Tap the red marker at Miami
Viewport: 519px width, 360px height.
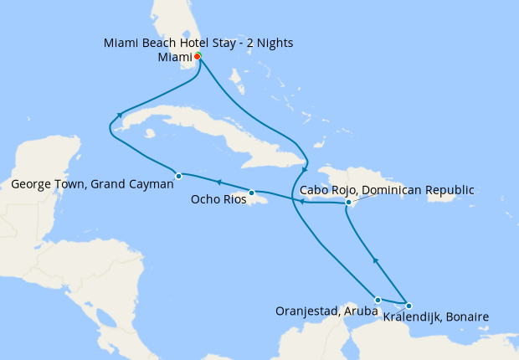click(197, 57)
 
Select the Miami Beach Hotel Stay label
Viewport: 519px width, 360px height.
click(198, 43)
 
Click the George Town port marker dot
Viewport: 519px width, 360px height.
click(179, 176)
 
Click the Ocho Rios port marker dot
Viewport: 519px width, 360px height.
click(251, 193)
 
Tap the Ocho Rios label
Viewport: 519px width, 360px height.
click(218, 200)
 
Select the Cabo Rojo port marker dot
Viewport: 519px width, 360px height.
click(348, 203)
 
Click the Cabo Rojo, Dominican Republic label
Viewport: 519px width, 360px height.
click(386, 190)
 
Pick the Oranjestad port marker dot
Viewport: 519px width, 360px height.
click(378, 300)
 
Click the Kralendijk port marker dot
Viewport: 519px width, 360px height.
click(409, 306)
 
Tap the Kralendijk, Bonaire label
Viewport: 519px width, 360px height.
click(435, 316)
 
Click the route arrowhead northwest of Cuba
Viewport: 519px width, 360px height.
click(121, 115)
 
